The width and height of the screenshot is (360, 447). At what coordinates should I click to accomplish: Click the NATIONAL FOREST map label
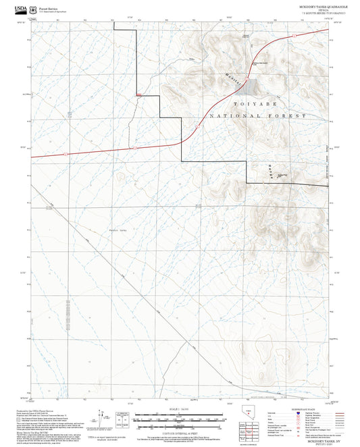point(257,116)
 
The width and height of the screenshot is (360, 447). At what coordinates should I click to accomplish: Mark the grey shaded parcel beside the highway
point(251,87)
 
